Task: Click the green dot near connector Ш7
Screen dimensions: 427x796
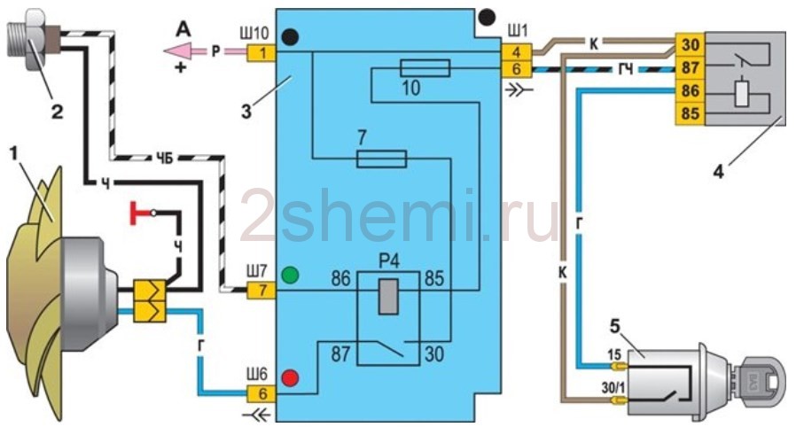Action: click(289, 276)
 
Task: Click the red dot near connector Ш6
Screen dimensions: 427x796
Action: click(289, 380)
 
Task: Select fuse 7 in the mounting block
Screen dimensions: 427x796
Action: click(381, 159)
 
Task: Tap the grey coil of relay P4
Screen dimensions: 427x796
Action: click(386, 296)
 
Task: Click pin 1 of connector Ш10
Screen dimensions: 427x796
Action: click(262, 53)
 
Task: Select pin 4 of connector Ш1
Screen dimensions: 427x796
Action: click(519, 51)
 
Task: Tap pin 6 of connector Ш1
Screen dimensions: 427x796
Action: click(519, 68)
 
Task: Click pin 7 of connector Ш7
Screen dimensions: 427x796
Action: click(262, 289)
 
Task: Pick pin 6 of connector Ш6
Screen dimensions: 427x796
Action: click(262, 393)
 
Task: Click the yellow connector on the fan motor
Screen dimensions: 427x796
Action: click(147, 299)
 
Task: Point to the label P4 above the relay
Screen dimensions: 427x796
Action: click(386, 262)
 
